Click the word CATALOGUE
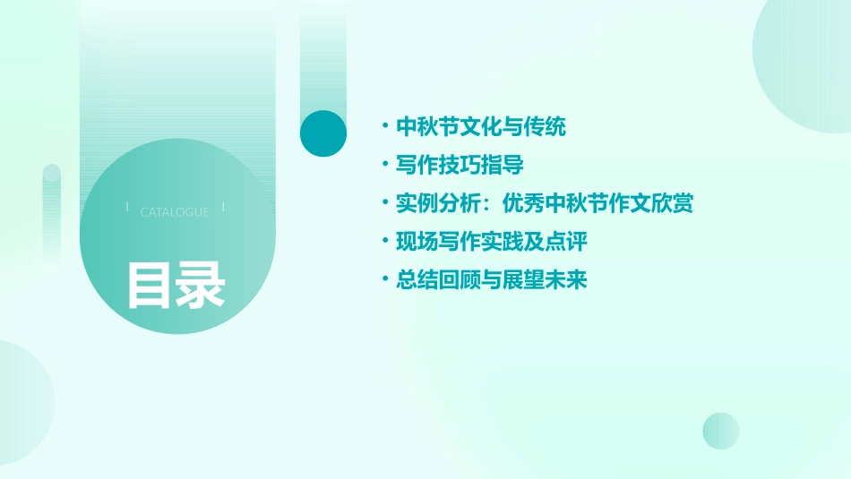click(175, 212)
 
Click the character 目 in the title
click(149, 284)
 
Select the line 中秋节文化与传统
click(481, 127)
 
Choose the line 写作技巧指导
click(460, 166)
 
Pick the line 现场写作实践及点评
click(492, 242)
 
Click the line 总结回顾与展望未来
click(492, 280)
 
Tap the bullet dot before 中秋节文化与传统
click(384, 127)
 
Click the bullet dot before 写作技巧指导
click(384, 166)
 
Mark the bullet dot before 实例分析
click(384, 204)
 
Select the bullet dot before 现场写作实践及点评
click(384, 242)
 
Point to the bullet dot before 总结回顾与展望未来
click(384, 280)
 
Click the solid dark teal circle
click(323, 133)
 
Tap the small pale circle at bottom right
click(721, 431)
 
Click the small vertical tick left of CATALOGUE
click(127, 208)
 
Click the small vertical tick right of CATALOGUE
click(223, 208)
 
